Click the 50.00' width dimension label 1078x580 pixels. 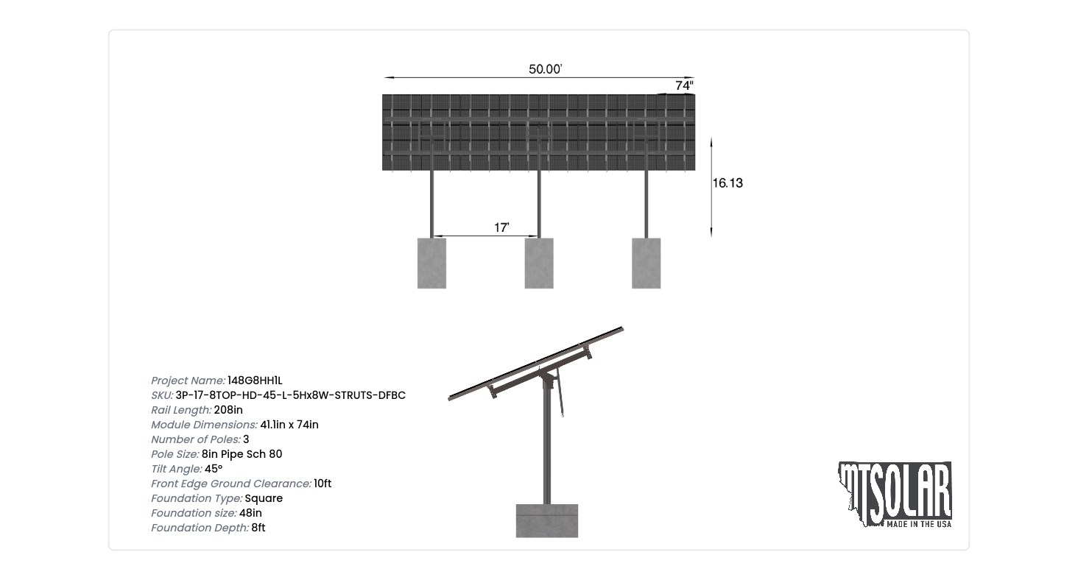[545, 69]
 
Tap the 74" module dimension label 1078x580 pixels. [684, 85]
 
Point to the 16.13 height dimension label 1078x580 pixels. [728, 183]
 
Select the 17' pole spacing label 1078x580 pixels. [501, 227]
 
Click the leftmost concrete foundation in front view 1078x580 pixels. [431, 263]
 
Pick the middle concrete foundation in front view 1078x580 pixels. [539, 263]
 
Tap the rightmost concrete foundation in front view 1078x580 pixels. [647, 263]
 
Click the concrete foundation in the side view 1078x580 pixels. [546, 521]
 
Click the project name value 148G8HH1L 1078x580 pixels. [255, 381]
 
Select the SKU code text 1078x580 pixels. [291, 395]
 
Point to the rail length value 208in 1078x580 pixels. [228, 410]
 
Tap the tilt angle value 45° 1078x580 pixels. [214, 469]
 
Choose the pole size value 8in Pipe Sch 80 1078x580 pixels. [242, 454]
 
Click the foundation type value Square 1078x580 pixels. [264, 499]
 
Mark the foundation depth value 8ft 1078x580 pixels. [258, 528]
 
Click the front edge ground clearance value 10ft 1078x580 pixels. [323, 484]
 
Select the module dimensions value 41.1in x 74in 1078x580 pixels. [289, 425]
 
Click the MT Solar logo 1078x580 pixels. [895, 495]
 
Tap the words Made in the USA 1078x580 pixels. [919, 524]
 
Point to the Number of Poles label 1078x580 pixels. [196, 439]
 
